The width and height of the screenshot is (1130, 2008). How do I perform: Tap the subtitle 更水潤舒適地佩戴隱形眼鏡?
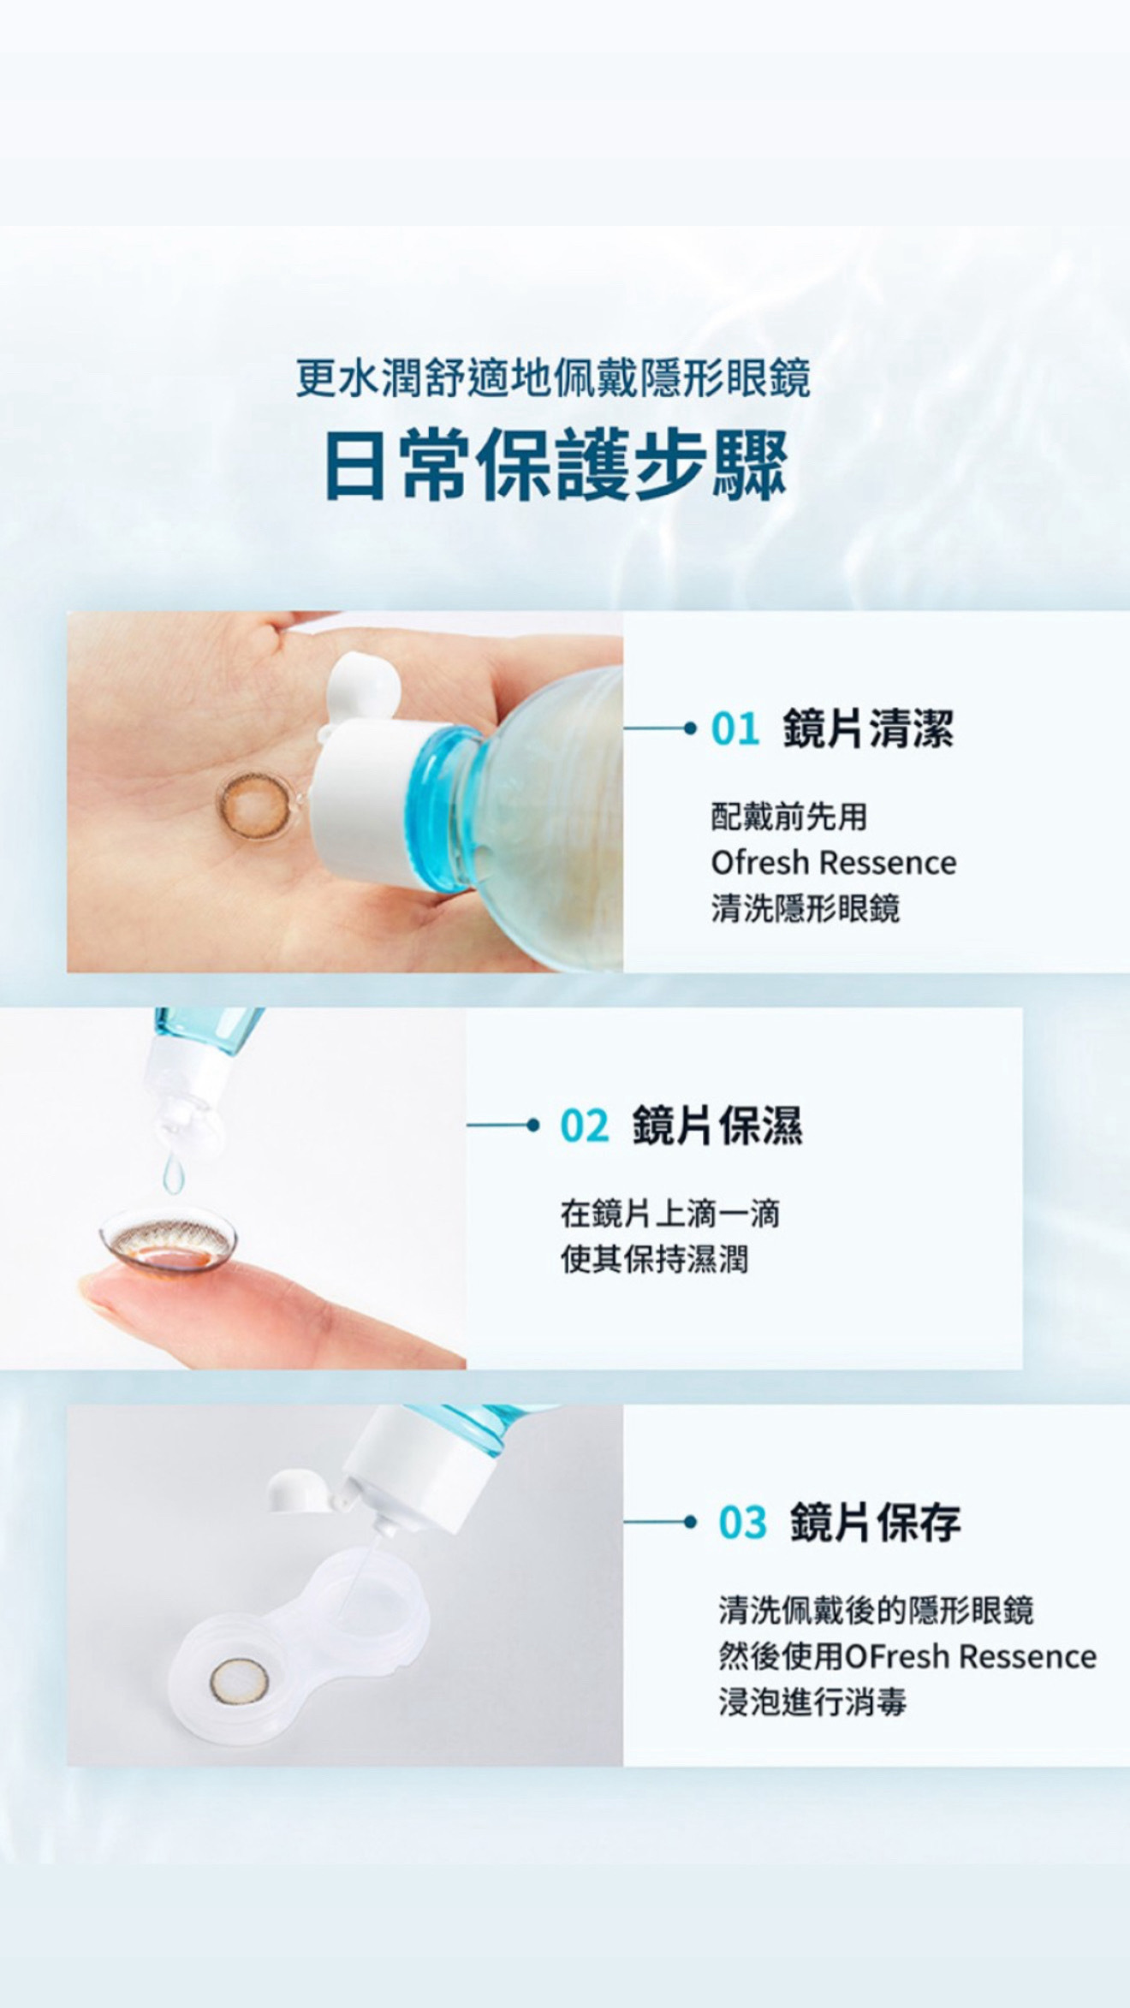(x=553, y=377)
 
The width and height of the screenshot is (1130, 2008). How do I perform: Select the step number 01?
(x=735, y=729)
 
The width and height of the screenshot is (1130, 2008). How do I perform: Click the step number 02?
(x=585, y=1126)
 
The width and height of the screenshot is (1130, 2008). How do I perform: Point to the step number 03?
(x=742, y=1523)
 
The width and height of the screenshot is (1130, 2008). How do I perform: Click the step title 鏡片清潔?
(x=868, y=729)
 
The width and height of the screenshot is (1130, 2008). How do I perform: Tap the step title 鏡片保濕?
(x=717, y=1126)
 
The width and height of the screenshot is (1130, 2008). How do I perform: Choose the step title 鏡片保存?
(x=875, y=1523)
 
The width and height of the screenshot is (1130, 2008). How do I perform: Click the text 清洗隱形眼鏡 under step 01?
(x=806, y=908)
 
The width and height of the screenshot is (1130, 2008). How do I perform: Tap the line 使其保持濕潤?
(x=654, y=1259)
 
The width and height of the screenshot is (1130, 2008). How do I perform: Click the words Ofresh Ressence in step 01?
(x=833, y=862)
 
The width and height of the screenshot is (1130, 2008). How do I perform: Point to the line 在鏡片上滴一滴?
(x=670, y=1214)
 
